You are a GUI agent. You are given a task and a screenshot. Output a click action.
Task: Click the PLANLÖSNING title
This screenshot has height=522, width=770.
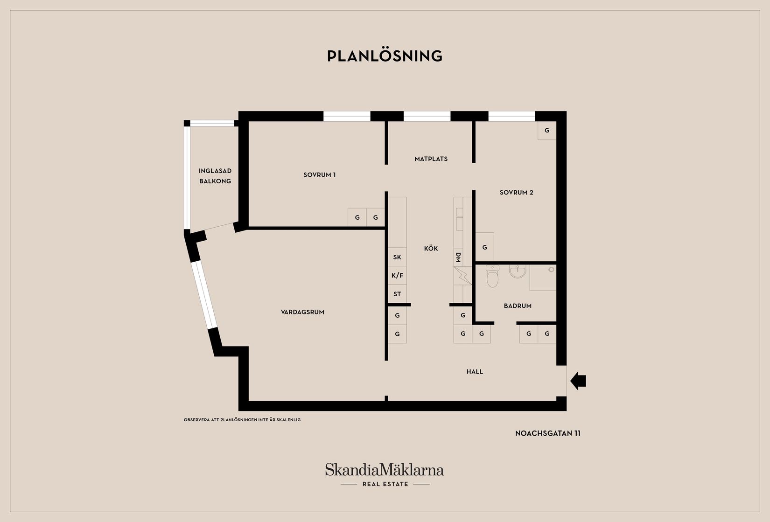(385, 56)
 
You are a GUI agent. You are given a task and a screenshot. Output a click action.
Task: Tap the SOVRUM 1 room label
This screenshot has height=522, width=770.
(319, 175)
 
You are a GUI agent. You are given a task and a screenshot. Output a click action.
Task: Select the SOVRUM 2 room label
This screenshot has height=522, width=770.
(516, 193)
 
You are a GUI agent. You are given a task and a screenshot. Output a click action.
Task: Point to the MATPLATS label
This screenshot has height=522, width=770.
(431, 159)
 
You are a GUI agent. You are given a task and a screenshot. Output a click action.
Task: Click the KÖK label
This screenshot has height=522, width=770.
(431, 249)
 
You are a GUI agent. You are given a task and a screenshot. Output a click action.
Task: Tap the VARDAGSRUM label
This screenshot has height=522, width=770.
(302, 313)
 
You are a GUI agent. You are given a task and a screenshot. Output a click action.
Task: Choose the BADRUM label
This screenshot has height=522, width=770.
(518, 306)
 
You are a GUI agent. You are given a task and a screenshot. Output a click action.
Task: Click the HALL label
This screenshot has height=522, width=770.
(475, 371)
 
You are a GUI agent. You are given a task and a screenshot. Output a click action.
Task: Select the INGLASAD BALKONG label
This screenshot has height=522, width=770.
(215, 176)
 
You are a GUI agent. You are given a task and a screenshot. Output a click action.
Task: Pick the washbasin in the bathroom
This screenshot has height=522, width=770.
(518, 271)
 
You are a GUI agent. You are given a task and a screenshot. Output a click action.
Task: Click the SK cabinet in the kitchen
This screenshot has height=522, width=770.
(398, 257)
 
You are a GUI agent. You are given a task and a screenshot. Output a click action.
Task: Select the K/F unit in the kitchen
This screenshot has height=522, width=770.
(398, 276)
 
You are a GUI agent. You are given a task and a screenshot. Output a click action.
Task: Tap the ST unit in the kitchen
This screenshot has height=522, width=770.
(398, 294)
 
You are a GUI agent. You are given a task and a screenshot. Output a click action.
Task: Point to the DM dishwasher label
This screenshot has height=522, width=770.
(458, 258)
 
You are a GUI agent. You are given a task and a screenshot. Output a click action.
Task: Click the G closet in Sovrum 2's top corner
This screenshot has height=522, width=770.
(547, 131)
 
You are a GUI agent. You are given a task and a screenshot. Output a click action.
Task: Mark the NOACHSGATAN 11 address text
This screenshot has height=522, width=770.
(548, 433)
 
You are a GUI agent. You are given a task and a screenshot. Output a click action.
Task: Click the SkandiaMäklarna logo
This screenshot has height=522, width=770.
(385, 474)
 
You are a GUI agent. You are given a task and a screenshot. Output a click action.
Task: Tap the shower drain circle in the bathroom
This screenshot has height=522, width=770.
(552, 270)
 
